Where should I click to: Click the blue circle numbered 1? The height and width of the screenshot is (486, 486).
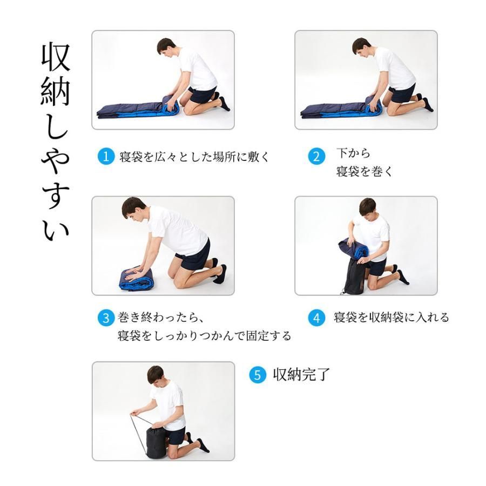tap(106, 156)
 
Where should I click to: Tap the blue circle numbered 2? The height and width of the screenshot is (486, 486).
tap(316, 156)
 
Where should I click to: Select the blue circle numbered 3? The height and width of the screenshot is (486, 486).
tap(106, 318)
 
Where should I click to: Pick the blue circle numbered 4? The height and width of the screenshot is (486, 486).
tap(316, 318)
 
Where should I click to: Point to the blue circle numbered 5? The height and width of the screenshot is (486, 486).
tap(258, 375)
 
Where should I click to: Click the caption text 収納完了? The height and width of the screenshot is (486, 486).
tap(301, 374)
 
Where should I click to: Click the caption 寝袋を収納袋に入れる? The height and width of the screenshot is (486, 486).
tap(391, 318)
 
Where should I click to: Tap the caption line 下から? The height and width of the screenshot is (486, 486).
tap(353, 153)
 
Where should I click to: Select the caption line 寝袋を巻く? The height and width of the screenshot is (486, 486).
tap(364, 171)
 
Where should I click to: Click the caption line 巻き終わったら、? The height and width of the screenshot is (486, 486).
tap(160, 318)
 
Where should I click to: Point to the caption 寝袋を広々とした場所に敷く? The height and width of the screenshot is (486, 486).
tap(194, 157)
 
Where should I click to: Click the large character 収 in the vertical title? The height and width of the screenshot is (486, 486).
tap(56, 57)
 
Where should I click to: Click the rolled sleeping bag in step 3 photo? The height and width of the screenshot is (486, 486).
tap(137, 279)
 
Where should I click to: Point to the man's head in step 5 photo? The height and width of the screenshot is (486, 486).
tap(156, 375)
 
